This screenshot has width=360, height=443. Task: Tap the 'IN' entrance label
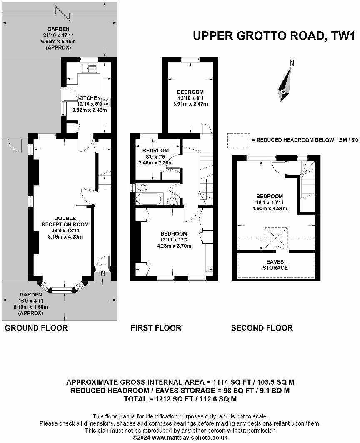coord(102,274)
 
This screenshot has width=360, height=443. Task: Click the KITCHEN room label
coord(89,98)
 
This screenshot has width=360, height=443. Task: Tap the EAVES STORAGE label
coord(275,265)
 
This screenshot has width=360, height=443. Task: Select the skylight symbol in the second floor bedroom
coord(276,237)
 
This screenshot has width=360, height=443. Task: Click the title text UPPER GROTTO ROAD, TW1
coord(274,36)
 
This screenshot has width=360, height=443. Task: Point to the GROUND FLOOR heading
coord(36,328)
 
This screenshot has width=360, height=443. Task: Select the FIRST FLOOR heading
coord(156,328)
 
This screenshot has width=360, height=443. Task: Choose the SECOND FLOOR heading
coord(262,328)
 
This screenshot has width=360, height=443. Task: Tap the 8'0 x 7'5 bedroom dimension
coord(155,157)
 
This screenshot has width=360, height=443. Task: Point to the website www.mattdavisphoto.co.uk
coord(190,438)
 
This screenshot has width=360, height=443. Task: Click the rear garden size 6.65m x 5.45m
coord(58,42)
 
